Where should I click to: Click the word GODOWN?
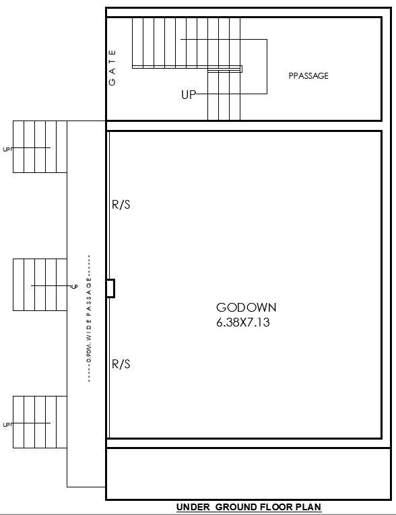[246, 308]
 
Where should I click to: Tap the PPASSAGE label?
[308, 76]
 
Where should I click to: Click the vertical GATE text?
[112, 67]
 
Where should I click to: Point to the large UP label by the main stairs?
[189, 95]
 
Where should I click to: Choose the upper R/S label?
[121, 205]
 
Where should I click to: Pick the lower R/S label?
[121, 364]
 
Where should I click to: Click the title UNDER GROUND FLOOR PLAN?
[249, 508]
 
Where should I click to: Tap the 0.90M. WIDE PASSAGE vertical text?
[89, 319]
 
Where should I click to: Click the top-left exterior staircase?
[40, 147]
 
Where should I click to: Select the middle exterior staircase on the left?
[40, 285]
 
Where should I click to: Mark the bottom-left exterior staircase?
[40, 422]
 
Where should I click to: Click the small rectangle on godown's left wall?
[110, 288]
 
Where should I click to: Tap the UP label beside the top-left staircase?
[7, 149]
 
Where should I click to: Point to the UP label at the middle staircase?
[75, 287]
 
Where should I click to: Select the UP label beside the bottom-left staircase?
[7, 425]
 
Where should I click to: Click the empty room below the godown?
[248, 474]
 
